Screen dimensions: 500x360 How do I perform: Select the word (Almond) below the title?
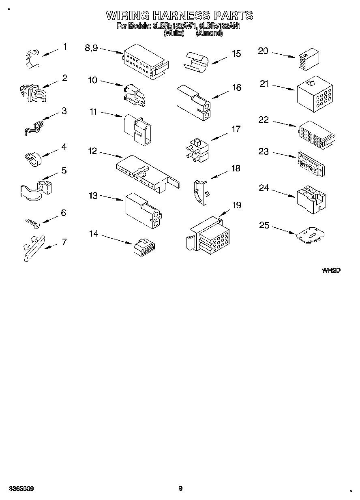(209, 34)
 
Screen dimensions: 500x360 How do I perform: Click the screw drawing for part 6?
(31, 222)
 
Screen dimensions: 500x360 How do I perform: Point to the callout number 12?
(92, 151)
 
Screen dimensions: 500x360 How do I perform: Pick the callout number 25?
(264, 225)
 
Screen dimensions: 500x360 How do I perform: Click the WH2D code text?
(331, 270)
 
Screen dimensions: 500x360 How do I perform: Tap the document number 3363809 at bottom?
(20, 489)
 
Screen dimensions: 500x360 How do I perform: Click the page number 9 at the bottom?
(180, 489)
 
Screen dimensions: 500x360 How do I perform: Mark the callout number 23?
(264, 152)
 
